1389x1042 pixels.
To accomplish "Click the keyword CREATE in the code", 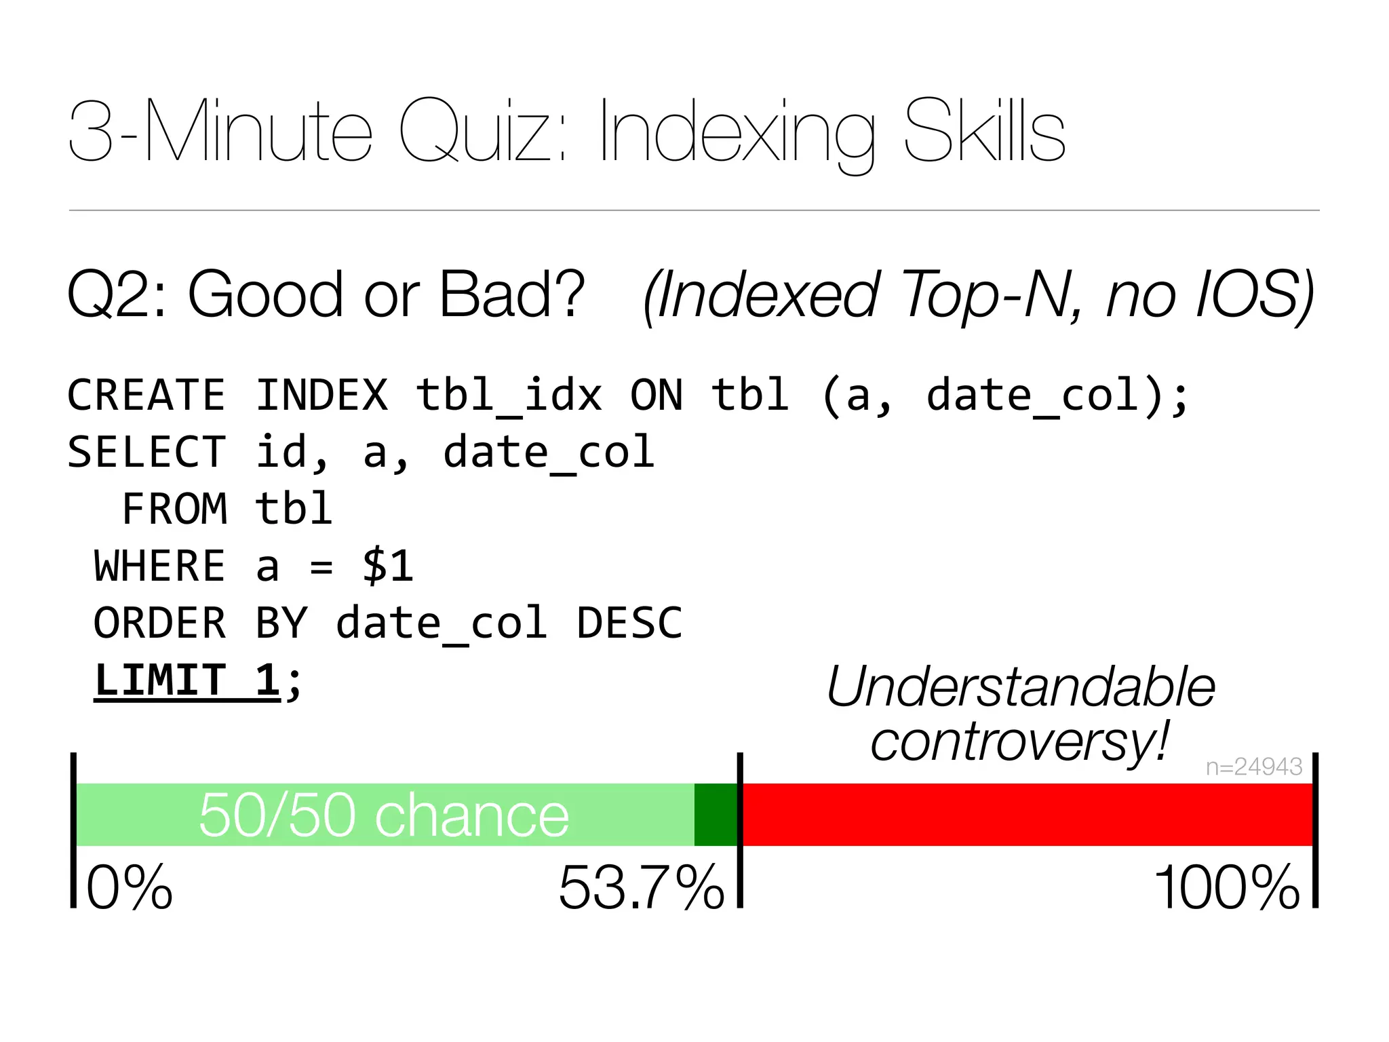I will (x=146, y=395).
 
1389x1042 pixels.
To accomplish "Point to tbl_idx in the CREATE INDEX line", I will (x=509, y=395).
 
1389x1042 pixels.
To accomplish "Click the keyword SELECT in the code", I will (x=146, y=452).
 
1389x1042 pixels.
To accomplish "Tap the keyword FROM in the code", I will (x=174, y=509).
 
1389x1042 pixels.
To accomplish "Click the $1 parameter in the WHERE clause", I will (x=388, y=566).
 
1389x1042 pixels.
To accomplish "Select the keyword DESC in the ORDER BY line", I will (x=629, y=623).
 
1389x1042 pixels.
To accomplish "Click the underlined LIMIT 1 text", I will (x=187, y=680).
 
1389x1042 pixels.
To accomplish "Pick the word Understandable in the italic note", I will (x=1021, y=687).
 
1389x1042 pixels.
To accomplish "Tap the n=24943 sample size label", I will (x=1253, y=767).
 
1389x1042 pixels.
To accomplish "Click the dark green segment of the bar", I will (x=716, y=814).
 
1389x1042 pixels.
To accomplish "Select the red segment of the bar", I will (x=1028, y=814).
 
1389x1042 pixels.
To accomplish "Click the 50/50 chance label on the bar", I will (x=384, y=815).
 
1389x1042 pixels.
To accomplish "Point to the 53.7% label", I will (x=642, y=887).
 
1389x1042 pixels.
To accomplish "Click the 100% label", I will (x=1226, y=887).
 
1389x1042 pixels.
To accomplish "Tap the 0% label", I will (x=130, y=887).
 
